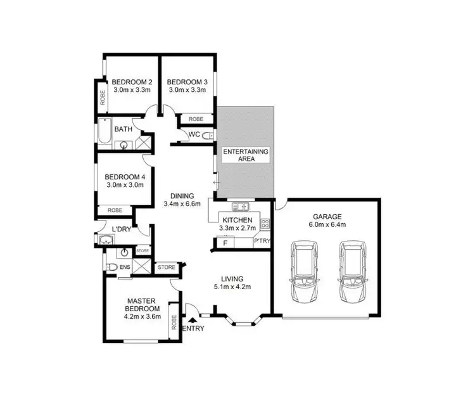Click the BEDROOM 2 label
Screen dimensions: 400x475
(132, 82)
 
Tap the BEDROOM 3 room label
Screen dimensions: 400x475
(187, 82)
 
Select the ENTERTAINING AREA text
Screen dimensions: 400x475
(245, 155)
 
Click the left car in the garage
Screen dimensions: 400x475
(305, 272)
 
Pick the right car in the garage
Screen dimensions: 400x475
(353, 272)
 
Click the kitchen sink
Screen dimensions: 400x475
(241, 206)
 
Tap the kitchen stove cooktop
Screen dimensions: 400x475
(265, 223)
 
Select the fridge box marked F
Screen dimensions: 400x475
(223, 242)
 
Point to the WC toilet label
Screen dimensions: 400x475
(195, 134)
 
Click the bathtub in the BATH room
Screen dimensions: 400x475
(103, 132)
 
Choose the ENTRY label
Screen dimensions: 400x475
(193, 328)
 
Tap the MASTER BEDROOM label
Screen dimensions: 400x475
(142, 304)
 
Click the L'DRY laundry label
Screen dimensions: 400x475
(121, 229)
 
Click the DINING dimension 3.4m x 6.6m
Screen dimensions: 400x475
(182, 203)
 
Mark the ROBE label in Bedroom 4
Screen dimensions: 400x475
(115, 210)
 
